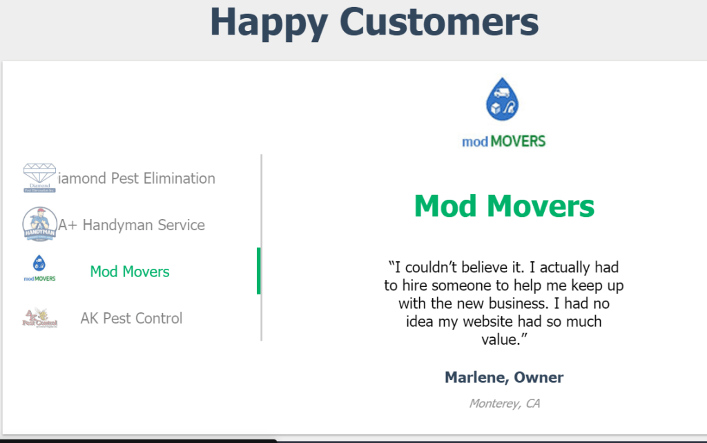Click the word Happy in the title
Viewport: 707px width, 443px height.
point(269,22)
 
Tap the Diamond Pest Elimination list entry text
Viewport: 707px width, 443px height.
point(137,178)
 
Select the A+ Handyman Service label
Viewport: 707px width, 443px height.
point(131,225)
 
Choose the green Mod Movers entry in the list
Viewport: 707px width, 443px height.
point(130,272)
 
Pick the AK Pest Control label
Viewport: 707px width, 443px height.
point(131,319)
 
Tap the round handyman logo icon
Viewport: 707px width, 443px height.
point(39,225)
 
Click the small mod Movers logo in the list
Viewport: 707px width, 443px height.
point(39,268)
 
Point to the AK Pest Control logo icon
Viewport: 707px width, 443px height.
point(39,318)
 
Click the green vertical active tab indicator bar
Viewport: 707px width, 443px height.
point(258,271)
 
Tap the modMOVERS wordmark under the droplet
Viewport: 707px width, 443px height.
point(503,142)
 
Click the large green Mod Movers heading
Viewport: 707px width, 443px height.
point(504,206)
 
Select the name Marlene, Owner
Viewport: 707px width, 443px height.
point(504,378)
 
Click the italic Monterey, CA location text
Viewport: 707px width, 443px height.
point(504,403)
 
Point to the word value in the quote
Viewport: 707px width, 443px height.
point(501,339)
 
